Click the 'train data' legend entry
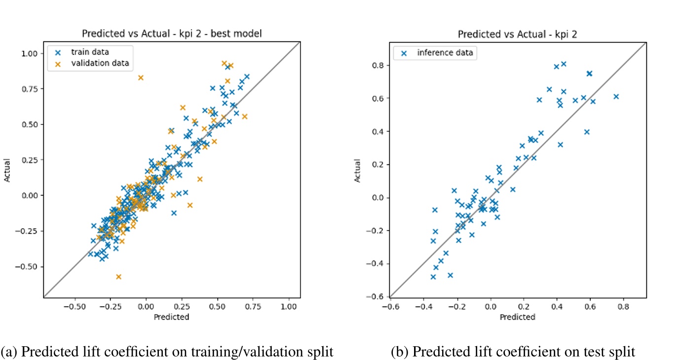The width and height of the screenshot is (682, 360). pyautogui.click(x=89, y=52)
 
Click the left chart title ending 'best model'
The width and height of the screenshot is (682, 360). pyautogui.click(x=172, y=34)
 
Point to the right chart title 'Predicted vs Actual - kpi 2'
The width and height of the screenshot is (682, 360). pyautogui.click(x=518, y=34)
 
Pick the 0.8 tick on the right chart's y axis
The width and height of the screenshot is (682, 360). pyautogui.click(x=379, y=65)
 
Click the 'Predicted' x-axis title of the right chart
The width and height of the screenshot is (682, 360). pyautogui.click(x=518, y=317)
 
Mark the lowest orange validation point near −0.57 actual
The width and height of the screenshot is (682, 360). pyautogui.click(x=118, y=277)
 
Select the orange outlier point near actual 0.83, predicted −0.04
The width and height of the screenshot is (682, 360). pyautogui.click(x=141, y=78)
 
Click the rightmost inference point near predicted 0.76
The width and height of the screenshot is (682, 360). pyautogui.click(x=616, y=97)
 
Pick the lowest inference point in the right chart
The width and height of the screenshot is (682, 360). pyautogui.click(x=433, y=277)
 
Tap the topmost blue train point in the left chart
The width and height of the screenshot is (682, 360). pyautogui.click(x=228, y=67)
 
